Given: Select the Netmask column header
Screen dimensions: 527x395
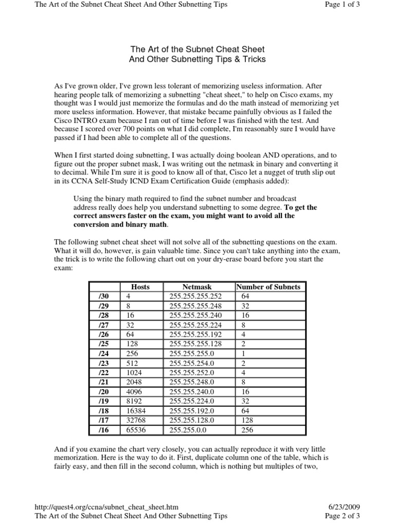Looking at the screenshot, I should pos(197,287).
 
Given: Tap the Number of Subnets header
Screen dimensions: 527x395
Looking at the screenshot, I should pos(267,287).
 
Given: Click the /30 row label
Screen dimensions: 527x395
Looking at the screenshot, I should pos(104,296).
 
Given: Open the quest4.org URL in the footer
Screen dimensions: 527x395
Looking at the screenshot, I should pos(106,507).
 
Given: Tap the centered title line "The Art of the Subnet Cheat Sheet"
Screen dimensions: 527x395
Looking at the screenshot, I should pos(197,49).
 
